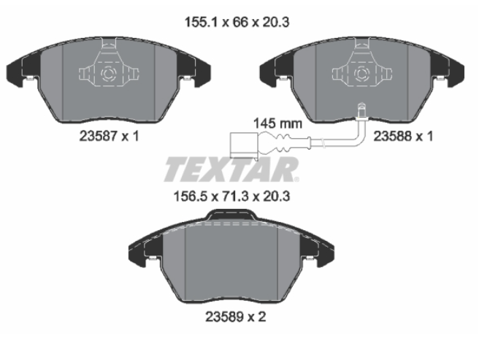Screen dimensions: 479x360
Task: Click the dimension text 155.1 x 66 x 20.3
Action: coord(237,23)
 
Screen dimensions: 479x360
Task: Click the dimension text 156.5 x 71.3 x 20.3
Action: coord(231,196)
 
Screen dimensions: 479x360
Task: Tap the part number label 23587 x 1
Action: coord(109,136)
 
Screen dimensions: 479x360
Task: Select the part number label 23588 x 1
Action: coord(403,136)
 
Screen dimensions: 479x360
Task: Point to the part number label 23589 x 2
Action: coord(236,317)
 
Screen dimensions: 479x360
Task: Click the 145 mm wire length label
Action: coord(277,123)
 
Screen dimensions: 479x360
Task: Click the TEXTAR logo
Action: coord(231,169)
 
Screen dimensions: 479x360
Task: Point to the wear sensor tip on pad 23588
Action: coord(362,110)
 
